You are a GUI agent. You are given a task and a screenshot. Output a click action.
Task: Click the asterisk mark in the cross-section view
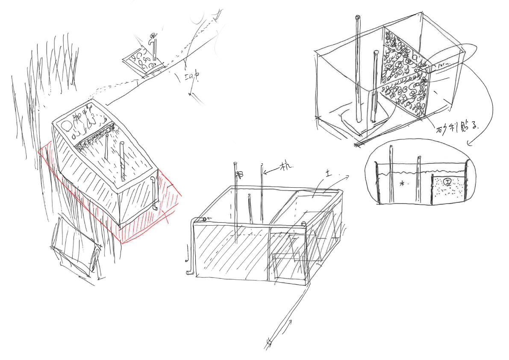(x=402, y=184)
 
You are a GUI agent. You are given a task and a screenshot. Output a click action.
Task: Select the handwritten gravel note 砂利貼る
(x=456, y=126)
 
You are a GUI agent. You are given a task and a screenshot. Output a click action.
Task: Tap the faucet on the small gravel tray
(x=151, y=39)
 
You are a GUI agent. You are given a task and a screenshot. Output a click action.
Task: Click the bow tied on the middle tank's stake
(x=240, y=174)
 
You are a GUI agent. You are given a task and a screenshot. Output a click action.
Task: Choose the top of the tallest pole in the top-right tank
(x=358, y=18)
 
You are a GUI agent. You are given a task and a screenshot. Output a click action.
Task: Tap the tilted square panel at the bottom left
(x=75, y=248)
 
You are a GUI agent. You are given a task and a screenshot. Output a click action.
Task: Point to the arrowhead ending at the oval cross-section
(x=468, y=144)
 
